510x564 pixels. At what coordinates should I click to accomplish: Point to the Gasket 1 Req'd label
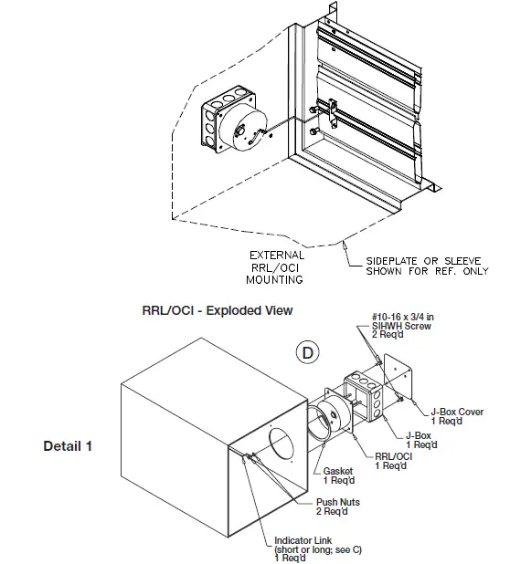tap(339, 476)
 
